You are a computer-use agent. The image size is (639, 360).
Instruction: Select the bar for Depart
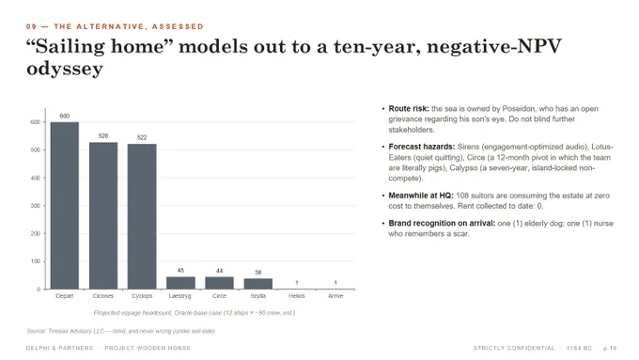pos(65,206)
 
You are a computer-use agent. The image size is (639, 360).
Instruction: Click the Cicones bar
pos(103,215)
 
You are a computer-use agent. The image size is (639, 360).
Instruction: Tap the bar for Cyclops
pos(142,216)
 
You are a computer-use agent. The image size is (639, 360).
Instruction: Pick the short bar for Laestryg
pos(180,283)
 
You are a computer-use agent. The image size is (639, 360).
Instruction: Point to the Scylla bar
pos(258,284)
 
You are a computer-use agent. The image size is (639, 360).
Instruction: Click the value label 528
pos(103,135)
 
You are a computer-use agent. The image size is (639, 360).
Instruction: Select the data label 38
pos(258,273)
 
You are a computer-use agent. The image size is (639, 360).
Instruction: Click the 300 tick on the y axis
pos(36,206)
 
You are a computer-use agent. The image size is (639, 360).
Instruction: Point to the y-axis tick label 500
pos(36,150)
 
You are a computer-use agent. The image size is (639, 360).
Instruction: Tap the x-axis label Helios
pos(297,296)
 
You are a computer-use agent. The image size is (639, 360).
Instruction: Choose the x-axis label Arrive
pos(335,296)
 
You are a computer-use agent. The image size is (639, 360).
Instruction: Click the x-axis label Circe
pos(219,296)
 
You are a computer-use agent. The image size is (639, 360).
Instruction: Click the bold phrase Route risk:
pos(409,109)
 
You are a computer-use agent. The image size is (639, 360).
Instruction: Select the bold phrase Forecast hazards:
pos(421,147)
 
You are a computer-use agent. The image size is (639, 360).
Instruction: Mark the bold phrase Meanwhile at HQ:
pos(421,196)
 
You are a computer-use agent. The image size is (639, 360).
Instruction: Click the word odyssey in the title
pos(65,69)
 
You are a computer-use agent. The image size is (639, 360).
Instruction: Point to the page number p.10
pos(610,348)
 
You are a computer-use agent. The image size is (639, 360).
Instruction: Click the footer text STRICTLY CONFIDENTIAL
pos(514,348)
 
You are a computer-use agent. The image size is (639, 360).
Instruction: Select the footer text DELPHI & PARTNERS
pos(59,348)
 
